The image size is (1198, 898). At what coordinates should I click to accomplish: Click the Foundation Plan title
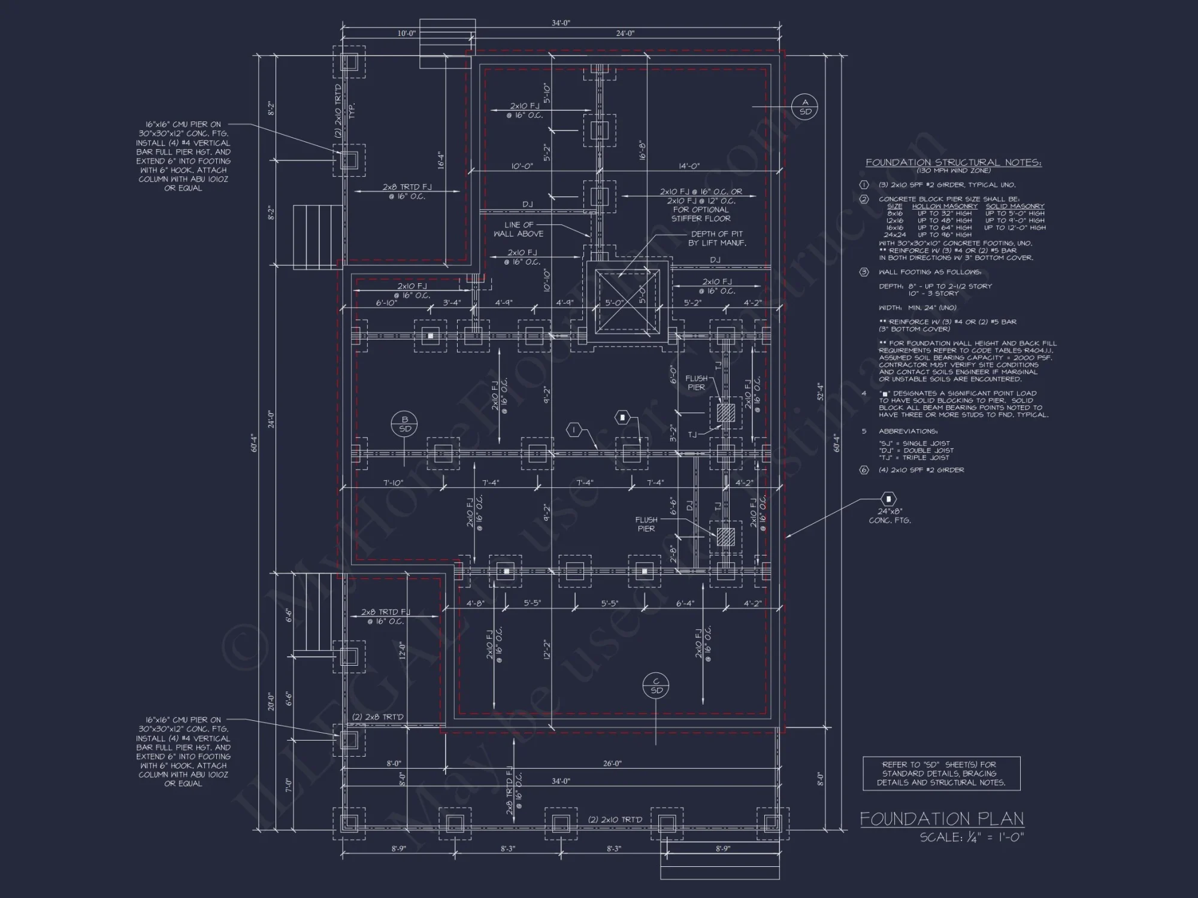(x=942, y=818)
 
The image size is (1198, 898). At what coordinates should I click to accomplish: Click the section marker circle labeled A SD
(x=805, y=107)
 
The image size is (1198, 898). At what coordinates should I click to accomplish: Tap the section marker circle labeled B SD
(x=405, y=424)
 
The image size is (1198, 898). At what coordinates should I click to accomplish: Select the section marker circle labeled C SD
(x=657, y=685)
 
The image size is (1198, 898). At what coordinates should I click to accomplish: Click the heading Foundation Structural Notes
(x=954, y=162)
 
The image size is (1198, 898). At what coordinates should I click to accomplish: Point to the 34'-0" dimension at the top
(x=561, y=23)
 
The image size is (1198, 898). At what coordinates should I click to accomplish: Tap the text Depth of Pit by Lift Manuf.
(x=716, y=238)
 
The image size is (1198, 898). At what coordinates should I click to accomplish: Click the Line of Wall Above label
(x=519, y=229)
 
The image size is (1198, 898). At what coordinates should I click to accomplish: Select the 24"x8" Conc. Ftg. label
(x=890, y=515)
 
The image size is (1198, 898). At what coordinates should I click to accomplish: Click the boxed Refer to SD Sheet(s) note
(x=941, y=773)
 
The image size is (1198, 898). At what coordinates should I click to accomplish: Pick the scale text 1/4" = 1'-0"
(x=972, y=837)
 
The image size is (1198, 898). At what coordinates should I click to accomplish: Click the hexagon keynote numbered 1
(x=574, y=429)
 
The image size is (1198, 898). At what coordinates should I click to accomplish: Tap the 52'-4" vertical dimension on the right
(x=820, y=392)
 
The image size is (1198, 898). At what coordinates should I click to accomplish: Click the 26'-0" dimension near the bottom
(x=612, y=763)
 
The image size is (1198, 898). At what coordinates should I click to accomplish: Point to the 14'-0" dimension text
(x=689, y=166)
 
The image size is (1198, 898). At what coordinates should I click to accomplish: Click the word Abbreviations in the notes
(x=907, y=431)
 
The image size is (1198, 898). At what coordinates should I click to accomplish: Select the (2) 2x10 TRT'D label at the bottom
(x=615, y=819)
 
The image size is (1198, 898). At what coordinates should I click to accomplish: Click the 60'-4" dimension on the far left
(x=254, y=442)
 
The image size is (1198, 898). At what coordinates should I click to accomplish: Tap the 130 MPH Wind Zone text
(x=954, y=171)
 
